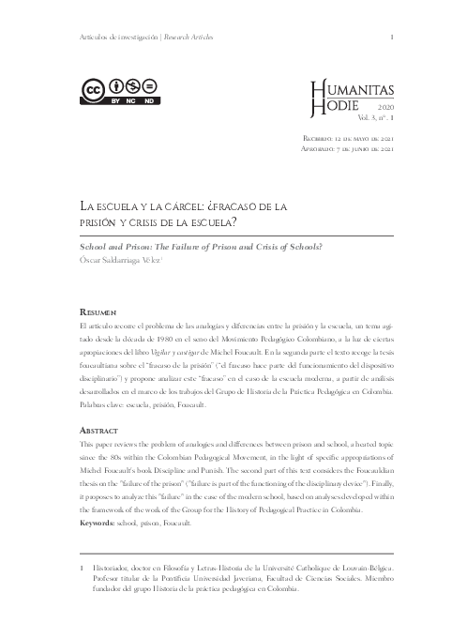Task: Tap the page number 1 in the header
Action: (389, 37)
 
